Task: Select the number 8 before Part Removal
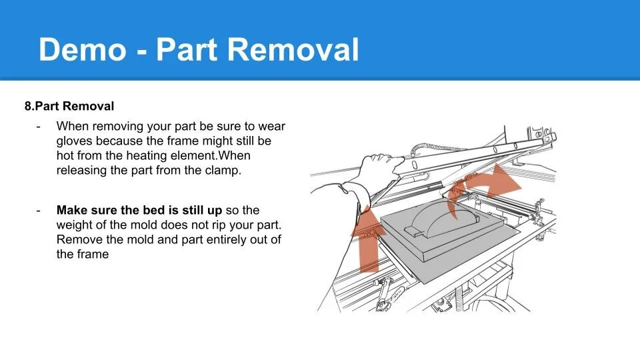pyautogui.click(x=27, y=106)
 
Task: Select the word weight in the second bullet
pyautogui.click(x=75, y=225)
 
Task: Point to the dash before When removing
pyautogui.click(x=39, y=126)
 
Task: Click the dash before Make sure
pyautogui.click(x=39, y=210)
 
